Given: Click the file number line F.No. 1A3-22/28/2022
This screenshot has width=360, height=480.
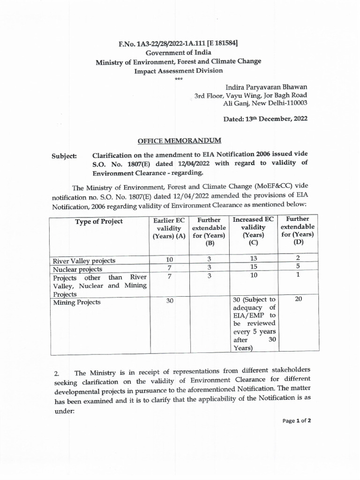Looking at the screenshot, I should click(x=178, y=44).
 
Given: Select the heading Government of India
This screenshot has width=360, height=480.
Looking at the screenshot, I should click(x=178, y=53).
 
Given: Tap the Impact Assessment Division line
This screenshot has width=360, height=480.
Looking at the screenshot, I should click(x=178, y=71).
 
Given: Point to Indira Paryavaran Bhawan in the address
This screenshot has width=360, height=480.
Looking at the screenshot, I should click(x=266, y=87).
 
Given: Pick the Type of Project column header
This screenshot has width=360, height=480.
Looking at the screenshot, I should click(x=99, y=221).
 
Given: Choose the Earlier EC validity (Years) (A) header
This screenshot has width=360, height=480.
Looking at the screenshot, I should click(x=169, y=228).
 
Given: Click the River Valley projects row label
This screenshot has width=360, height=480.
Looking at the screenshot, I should click(x=84, y=261).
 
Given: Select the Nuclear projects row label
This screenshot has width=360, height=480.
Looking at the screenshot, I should click(x=77, y=269).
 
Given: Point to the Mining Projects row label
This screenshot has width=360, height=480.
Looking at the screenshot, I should click(x=76, y=302).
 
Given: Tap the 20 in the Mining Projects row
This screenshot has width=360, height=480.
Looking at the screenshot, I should click(x=298, y=299).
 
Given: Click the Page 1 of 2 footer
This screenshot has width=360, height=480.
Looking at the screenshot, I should click(x=297, y=420).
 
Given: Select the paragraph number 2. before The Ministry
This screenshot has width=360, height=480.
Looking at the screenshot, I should click(x=56, y=374).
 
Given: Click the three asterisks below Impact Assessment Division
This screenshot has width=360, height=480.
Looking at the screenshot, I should click(x=178, y=79).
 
